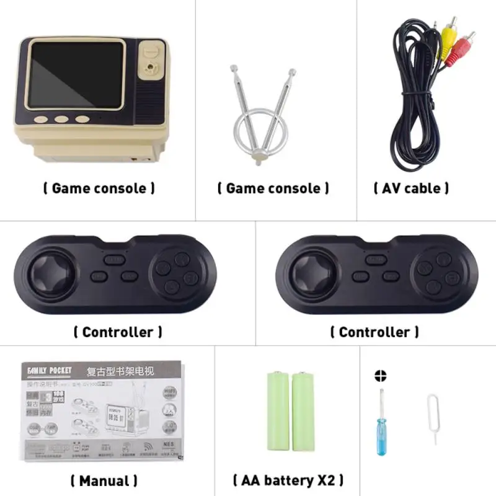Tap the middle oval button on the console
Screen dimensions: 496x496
click(61, 120)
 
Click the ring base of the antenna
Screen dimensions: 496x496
click(255, 129)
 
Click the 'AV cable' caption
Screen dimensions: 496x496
click(411, 188)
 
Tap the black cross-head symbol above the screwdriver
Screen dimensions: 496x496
click(380, 376)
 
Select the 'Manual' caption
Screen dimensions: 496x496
click(104, 480)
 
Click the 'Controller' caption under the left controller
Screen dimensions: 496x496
click(118, 332)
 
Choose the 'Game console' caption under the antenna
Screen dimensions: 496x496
click(273, 188)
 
